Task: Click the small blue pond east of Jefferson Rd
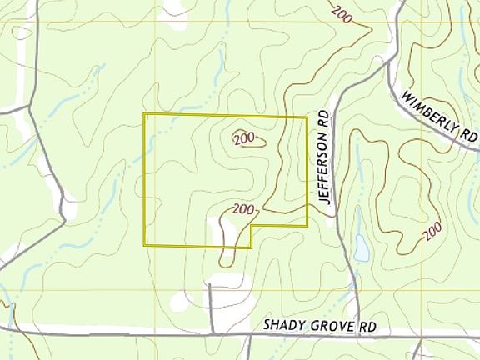(362, 247)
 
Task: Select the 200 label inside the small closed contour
(243, 137)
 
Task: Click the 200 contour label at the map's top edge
(342, 12)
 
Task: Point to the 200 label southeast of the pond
(432, 230)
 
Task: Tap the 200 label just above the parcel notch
(242, 208)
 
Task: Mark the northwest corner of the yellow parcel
(144, 114)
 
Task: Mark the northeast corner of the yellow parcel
(307, 117)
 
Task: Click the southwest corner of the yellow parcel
(145, 246)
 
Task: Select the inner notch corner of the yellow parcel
(252, 227)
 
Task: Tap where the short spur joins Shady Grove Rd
(210, 334)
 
